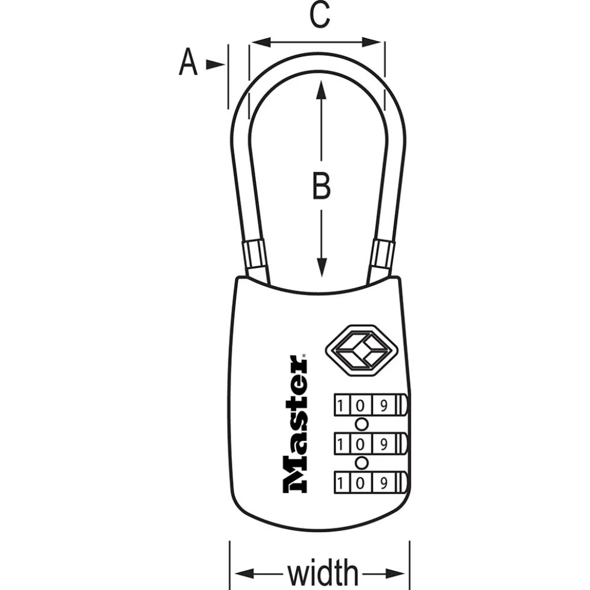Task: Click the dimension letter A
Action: (x=188, y=62)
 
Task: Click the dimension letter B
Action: (x=321, y=185)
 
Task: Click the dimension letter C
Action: (x=320, y=14)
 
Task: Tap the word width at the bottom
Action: (x=323, y=573)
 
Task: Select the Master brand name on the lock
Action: (x=295, y=423)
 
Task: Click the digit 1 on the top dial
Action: (x=341, y=405)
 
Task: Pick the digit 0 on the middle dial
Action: (x=360, y=444)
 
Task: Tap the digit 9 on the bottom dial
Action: (x=383, y=483)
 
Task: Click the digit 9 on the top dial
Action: (x=383, y=405)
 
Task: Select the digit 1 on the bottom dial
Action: (x=341, y=483)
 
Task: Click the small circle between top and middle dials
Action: (x=362, y=425)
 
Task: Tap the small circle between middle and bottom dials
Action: (x=362, y=464)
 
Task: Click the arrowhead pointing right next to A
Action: (x=216, y=65)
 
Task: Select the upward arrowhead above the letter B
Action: (x=321, y=90)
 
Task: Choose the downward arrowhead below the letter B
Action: (x=321, y=268)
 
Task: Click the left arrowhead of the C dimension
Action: (x=261, y=42)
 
